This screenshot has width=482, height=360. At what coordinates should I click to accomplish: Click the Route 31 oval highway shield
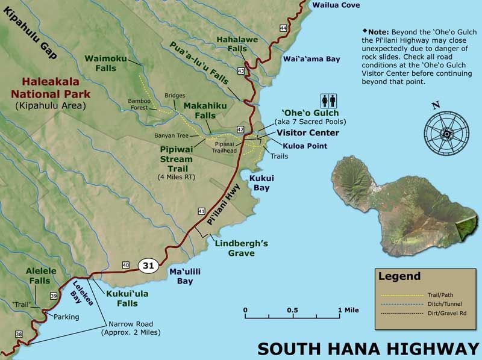click(x=149, y=265)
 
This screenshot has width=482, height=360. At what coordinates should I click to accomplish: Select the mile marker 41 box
click(x=202, y=211)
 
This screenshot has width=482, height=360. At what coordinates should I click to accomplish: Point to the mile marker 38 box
click(x=19, y=334)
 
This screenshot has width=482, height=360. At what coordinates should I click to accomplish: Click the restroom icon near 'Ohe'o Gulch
click(x=330, y=100)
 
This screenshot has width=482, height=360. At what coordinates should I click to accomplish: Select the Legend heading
click(x=399, y=277)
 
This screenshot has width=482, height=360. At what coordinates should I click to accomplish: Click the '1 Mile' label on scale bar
click(x=348, y=310)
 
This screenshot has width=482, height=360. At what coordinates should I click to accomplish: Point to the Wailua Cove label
click(x=336, y=5)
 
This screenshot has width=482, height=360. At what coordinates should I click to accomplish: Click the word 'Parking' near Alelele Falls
click(x=66, y=317)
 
